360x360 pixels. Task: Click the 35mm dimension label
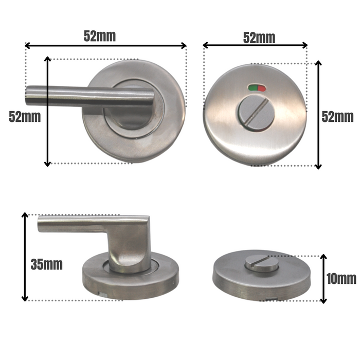[46, 265]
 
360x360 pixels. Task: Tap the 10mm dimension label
[341, 279]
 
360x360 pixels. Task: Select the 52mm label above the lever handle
[100, 36]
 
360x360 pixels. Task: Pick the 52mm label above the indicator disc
[259, 38]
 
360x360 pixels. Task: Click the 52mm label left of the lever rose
[25, 117]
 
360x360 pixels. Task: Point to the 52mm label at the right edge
[337, 116]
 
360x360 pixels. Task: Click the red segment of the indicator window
[261, 88]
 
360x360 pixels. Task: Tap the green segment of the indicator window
[252, 88]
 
